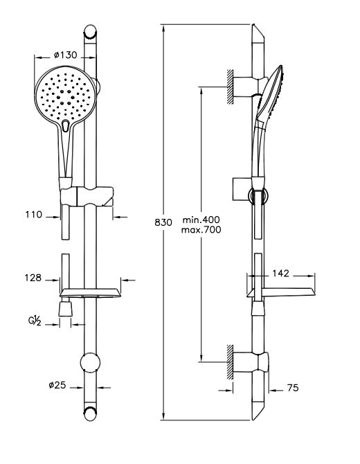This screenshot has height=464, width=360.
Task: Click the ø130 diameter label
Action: tap(65, 55)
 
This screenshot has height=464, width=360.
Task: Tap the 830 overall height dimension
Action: tap(163, 222)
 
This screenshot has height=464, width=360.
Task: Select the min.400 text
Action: tap(201, 220)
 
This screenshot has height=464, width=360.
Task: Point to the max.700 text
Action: tap(201, 230)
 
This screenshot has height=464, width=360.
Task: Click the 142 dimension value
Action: tap(280, 274)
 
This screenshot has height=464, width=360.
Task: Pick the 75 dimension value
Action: tap(293, 388)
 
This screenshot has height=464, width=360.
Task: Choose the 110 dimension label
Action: tap(34, 215)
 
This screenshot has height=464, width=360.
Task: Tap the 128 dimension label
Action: tap(33, 278)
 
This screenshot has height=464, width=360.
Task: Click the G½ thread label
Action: tap(35, 321)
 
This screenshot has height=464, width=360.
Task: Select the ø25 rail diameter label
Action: tap(57, 385)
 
